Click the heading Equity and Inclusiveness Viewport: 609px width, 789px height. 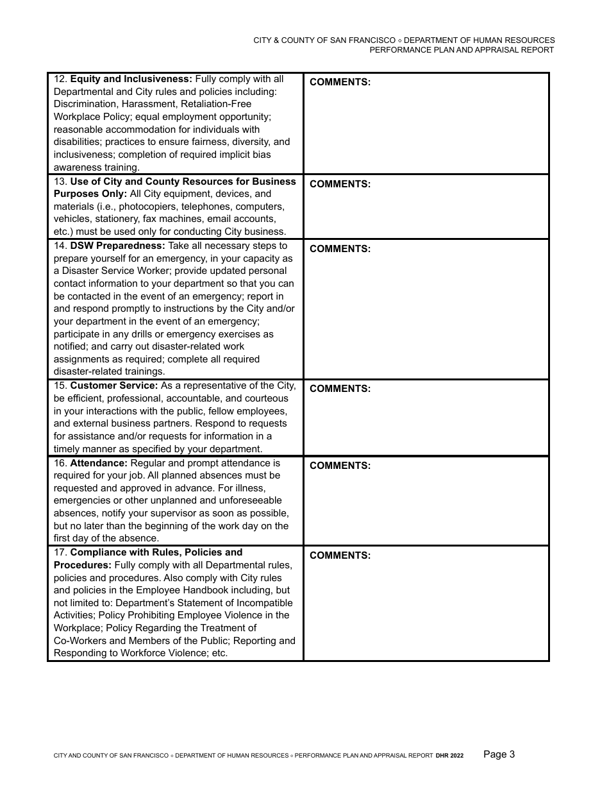131,79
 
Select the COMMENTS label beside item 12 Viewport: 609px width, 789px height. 340,82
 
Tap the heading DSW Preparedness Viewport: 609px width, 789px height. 117,246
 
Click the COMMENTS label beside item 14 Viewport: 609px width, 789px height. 340,249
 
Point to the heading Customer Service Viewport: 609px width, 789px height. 113,386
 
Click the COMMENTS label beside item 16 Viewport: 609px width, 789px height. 340,466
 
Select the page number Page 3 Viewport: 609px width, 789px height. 499,754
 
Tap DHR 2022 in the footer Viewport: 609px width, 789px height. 449,756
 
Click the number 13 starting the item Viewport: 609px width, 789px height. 60,182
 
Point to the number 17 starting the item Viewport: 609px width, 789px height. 60,552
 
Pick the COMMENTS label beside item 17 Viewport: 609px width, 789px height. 340,556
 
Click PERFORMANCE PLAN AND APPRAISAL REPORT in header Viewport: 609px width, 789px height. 462,49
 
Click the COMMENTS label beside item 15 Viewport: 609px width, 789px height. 340,389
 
